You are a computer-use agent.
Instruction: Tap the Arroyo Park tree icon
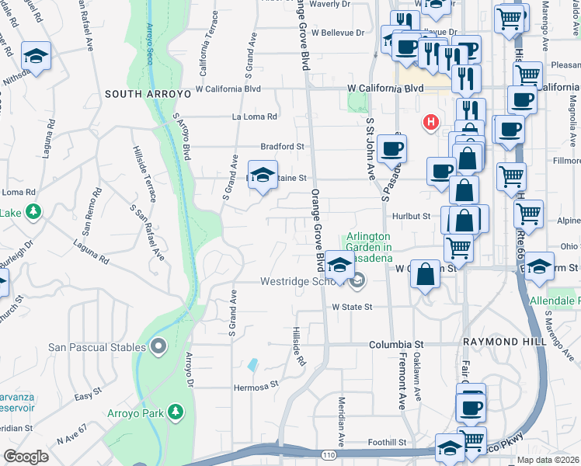178,411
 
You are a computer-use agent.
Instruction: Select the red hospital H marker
430,122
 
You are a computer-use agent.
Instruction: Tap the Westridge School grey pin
358,281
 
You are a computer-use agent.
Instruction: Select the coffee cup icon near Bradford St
393,148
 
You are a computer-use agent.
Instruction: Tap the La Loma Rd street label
255,117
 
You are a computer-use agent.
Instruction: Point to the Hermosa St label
256,386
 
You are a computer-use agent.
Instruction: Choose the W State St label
353,308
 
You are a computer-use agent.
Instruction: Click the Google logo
26,456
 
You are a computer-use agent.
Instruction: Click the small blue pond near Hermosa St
253,364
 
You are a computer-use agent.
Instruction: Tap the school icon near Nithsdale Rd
36,56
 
